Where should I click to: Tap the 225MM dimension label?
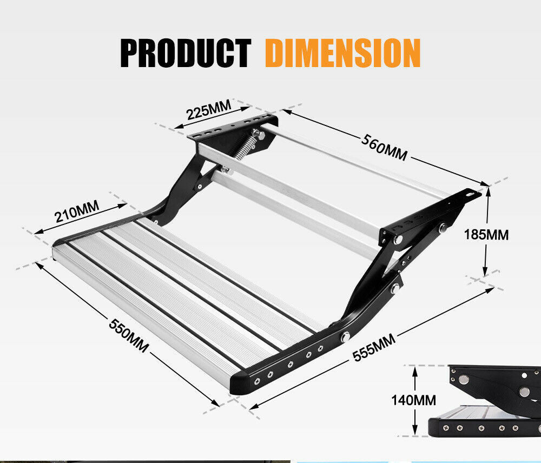(x=208, y=110)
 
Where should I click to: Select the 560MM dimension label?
(x=384, y=147)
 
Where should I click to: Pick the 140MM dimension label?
(x=413, y=400)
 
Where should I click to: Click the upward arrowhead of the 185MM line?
(x=487, y=190)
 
